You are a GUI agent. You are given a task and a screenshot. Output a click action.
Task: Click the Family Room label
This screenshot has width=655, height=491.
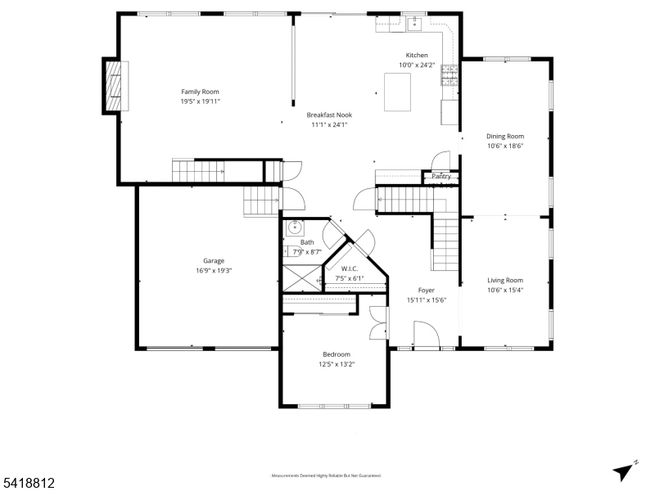pyautogui.click(x=200, y=92)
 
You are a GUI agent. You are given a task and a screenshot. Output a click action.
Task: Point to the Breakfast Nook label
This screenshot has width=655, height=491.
pyautogui.click(x=329, y=115)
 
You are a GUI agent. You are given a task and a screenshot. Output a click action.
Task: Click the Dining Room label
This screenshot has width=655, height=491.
pyautogui.click(x=504, y=137)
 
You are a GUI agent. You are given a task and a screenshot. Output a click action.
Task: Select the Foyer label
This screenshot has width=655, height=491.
pyautogui.click(x=427, y=291)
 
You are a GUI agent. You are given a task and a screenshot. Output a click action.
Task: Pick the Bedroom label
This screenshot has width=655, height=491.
pyautogui.click(x=336, y=354)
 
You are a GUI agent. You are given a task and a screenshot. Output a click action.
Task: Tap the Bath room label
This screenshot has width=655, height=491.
pyautogui.click(x=307, y=242)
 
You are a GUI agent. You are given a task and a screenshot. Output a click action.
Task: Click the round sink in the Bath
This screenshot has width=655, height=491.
pyautogui.click(x=294, y=227)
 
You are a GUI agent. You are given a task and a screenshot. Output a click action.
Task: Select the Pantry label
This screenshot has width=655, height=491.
pyautogui.click(x=441, y=176)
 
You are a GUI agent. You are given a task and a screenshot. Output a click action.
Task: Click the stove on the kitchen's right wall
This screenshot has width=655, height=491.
pyautogui.click(x=449, y=75)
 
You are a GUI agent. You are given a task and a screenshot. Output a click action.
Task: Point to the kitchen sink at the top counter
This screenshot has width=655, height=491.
pyautogui.click(x=414, y=23)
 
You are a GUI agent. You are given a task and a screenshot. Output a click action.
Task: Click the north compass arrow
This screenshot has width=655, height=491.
pyautogui.click(x=624, y=471)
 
